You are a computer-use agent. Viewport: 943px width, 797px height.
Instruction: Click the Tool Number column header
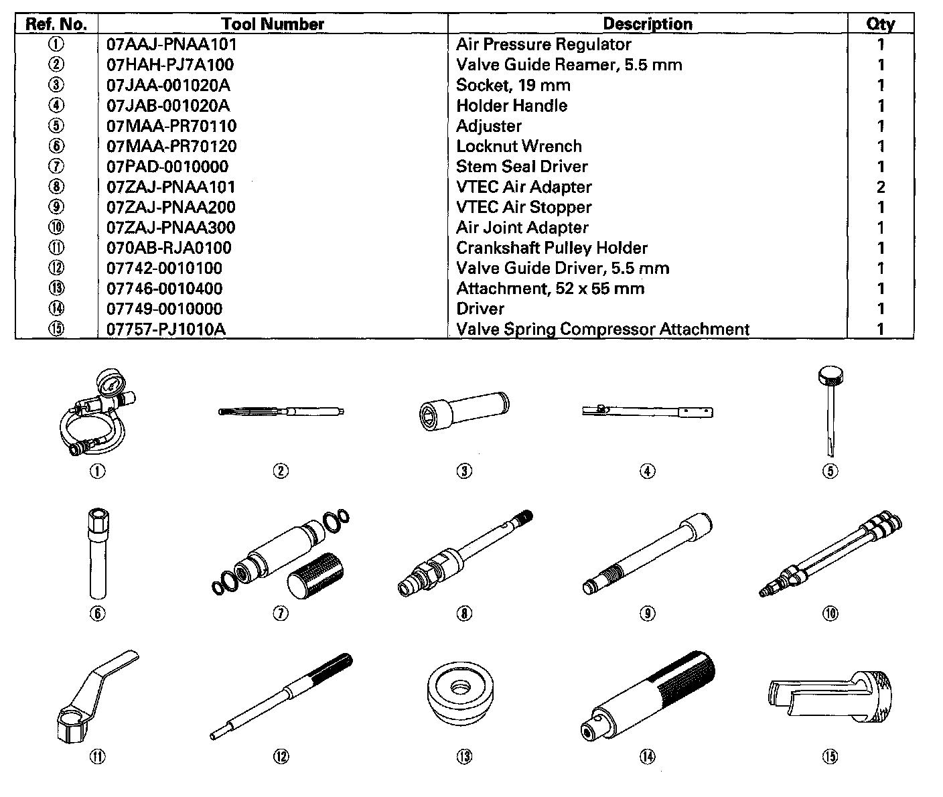pos(273,24)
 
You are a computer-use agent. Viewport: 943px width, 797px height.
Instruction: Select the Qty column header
pos(880,24)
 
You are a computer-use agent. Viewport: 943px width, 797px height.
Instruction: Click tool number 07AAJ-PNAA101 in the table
pos(171,45)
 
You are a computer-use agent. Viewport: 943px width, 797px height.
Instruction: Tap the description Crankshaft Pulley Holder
pos(552,248)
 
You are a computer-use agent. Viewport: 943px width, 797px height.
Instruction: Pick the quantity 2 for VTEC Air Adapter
pos(881,188)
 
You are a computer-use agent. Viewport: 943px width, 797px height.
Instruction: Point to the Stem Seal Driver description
pos(522,167)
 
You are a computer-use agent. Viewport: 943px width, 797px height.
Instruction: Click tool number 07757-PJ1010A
pos(165,330)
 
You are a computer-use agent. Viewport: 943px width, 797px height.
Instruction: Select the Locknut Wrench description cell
pos(519,147)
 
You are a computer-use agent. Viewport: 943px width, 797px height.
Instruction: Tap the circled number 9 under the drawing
pos(647,613)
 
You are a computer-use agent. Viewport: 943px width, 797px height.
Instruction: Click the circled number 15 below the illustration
pos(830,757)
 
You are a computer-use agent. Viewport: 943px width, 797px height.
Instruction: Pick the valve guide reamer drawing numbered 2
pos(281,412)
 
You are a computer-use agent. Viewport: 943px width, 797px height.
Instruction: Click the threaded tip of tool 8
pos(524,516)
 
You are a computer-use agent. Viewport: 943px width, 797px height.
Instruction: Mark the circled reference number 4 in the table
pos(57,106)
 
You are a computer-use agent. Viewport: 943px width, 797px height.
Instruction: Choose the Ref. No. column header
pos(56,24)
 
